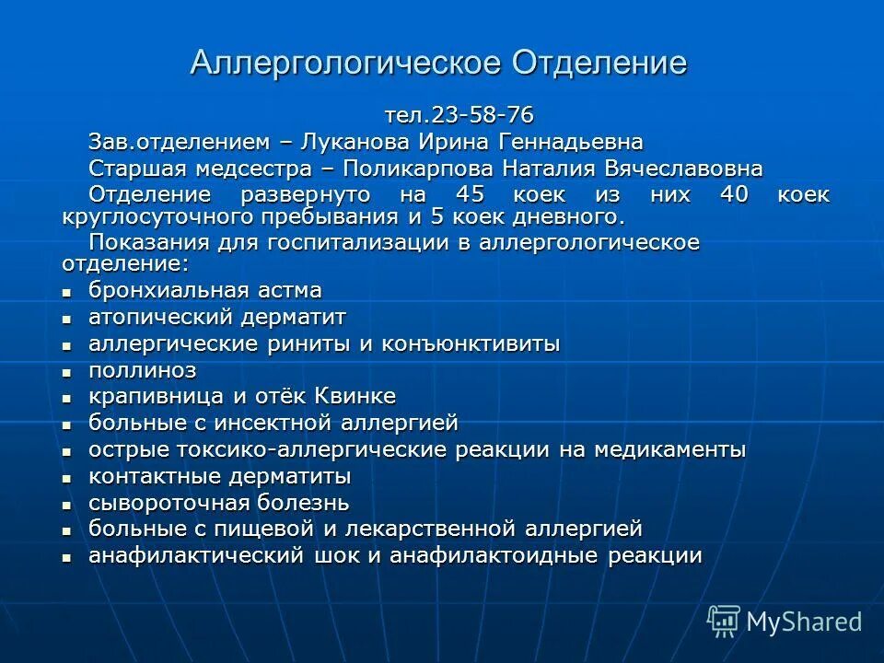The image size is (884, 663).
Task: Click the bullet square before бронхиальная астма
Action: pyautogui.click(x=66, y=292)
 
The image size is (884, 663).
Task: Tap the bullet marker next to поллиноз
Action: pyautogui.click(x=66, y=372)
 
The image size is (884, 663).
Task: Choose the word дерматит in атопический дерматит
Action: pyautogui.click(x=295, y=318)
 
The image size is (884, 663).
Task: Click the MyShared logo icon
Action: pyautogui.click(x=724, y=620)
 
